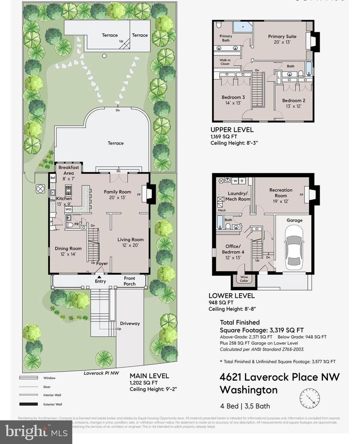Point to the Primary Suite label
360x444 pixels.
pos(282,39)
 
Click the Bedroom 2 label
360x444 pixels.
pos(293,103)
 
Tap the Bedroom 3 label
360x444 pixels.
pos(233,100)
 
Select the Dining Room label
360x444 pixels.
pos(68,251)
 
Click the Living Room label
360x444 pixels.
pos(130,243)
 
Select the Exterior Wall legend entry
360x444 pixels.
pos(52,404)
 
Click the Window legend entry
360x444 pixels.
pos(49,378)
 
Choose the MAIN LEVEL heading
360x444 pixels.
pos(149,376)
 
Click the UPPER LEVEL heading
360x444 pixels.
pos(232,130)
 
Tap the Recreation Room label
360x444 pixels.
pos(281,193)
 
